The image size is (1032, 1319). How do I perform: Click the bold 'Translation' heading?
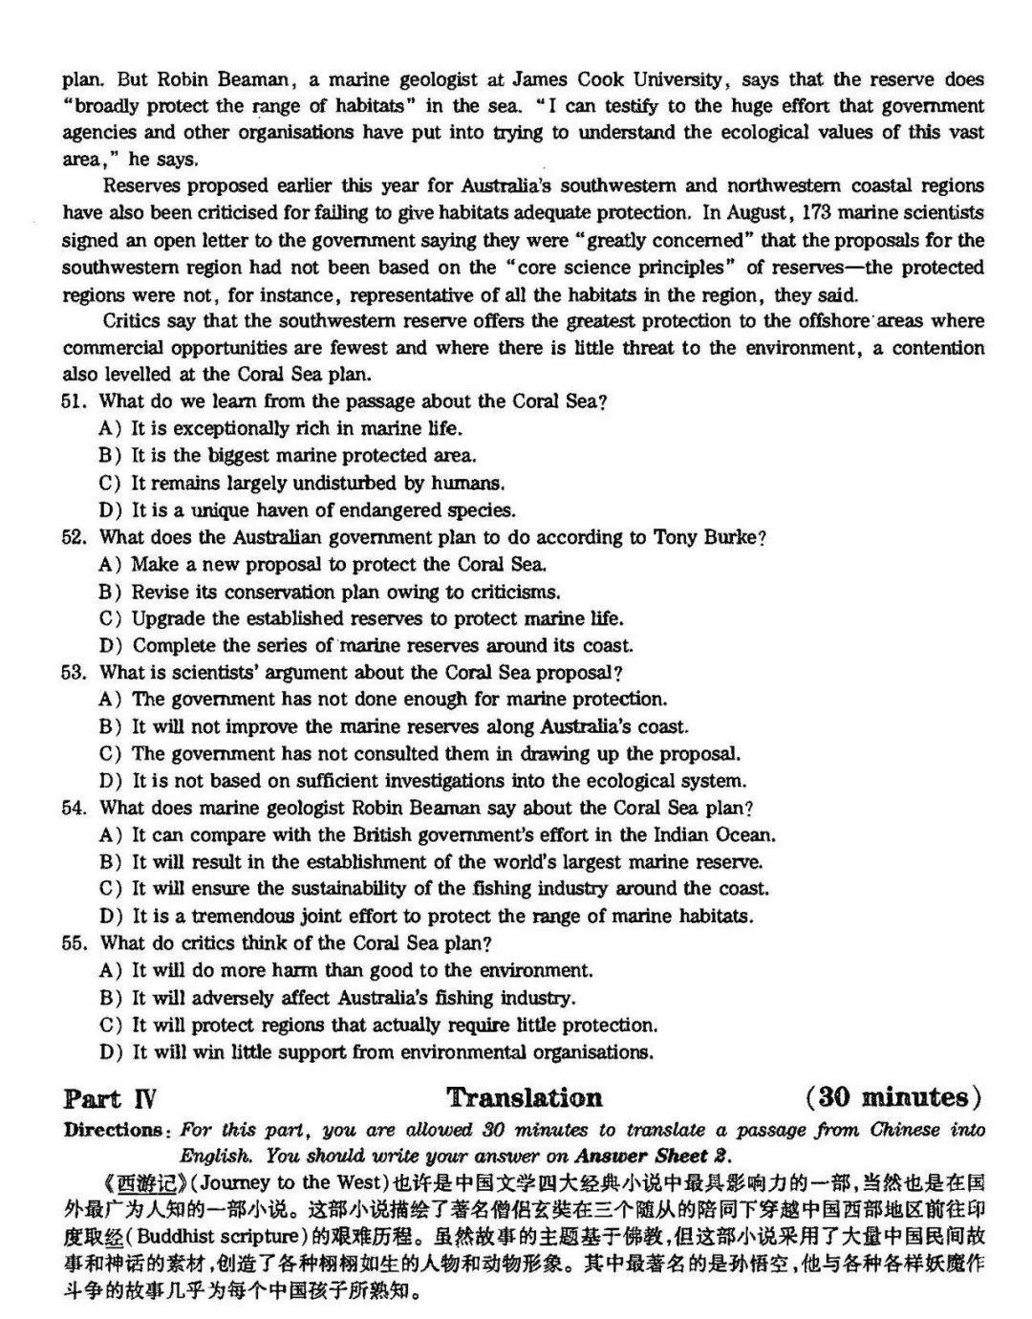click(x=525, y=1098)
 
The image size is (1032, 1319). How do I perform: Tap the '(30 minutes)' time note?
click(x=893, y=1098)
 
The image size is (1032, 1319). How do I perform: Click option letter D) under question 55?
click(x=111, y=1053)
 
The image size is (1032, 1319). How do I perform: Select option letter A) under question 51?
click(x=111, y=429)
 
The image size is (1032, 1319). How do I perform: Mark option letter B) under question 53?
click(x=111, y=727)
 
